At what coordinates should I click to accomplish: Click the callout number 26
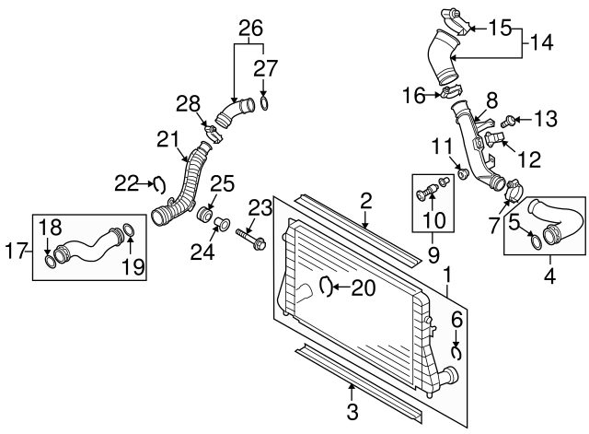point(246,29)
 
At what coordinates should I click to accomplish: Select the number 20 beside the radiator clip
point(364,288)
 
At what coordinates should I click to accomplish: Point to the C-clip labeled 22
point(156,184)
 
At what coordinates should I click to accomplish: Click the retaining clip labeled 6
point(456,351)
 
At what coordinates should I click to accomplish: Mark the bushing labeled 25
point(206,217)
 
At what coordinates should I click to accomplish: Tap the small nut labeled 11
point(464,172)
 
